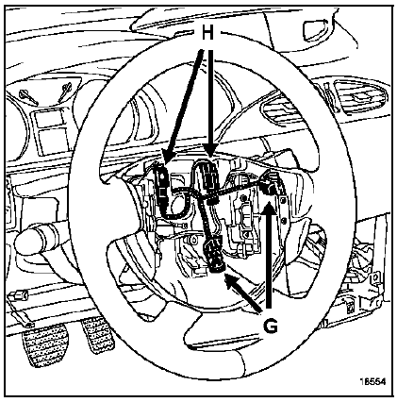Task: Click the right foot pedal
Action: [x=95, y=333]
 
